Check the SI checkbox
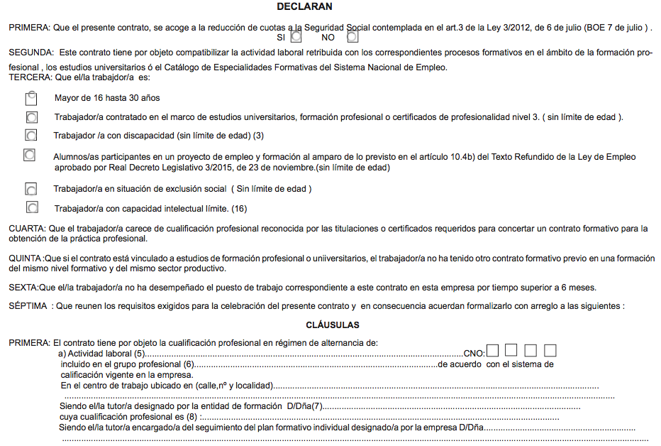click(296, 36)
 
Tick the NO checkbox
click(352, 36)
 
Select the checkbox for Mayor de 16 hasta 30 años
click(30, 99)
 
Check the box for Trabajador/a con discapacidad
click(30, 135)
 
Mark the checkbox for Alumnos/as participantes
click(30, 155)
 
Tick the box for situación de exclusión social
click(30, 189)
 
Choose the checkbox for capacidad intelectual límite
click(31, 208)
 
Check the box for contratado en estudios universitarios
click(31, 116)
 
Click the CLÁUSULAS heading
click(333, 325)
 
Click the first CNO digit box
click(493, 350)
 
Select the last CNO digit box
click(550, 350)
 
